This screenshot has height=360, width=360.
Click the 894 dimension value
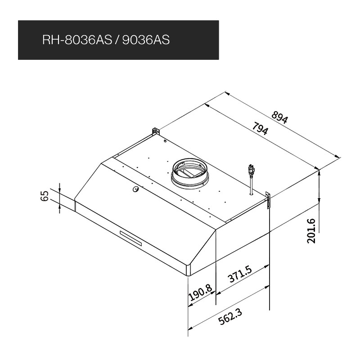279,117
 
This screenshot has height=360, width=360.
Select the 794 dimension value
260,129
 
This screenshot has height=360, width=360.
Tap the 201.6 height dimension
311,231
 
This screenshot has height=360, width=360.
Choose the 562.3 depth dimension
230,317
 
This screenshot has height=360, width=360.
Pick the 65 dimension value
45,196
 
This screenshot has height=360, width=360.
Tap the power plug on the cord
251,171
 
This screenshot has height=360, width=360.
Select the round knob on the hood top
136,189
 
